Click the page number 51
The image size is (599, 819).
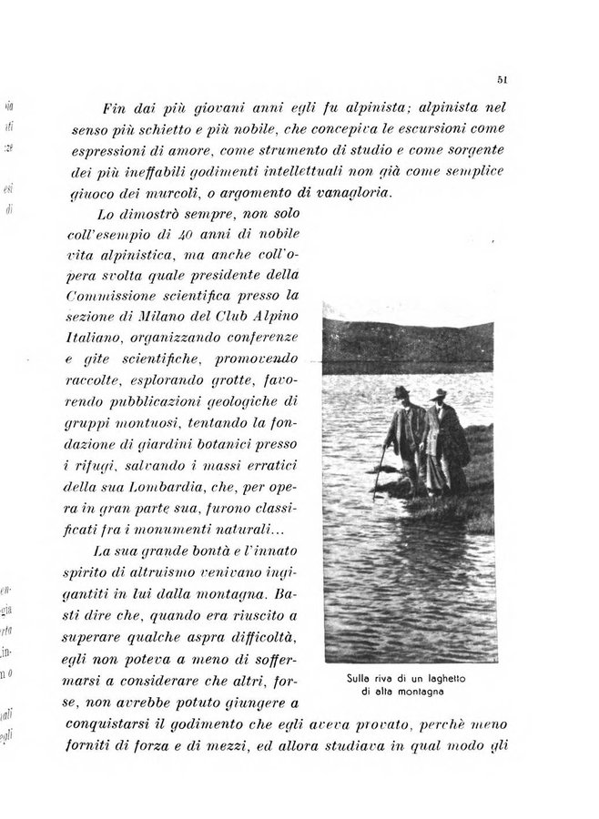[503, 80]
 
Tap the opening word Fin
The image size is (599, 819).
[118, 107]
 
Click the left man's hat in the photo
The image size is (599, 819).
[401, 391]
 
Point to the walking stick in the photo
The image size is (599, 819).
[381, 465]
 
